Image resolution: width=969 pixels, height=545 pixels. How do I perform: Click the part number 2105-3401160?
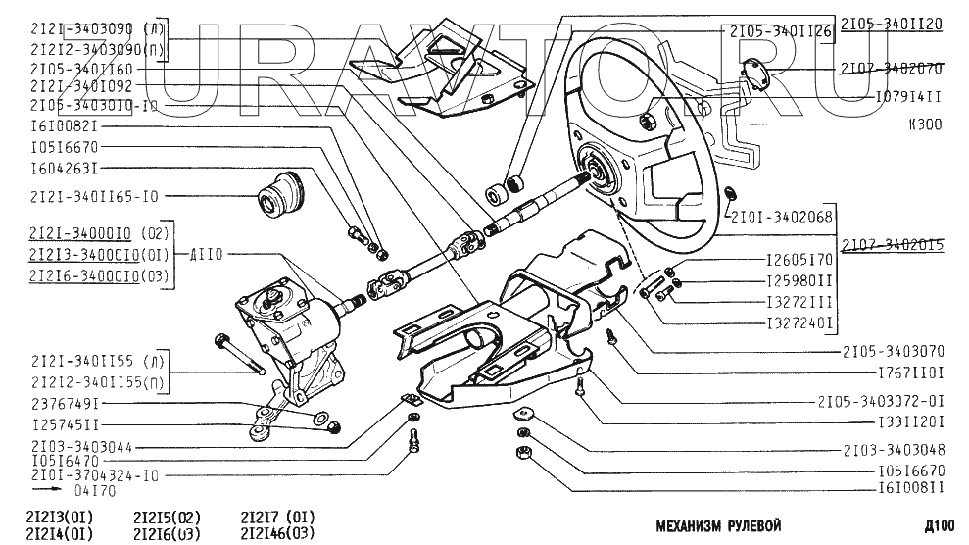click(82, 70)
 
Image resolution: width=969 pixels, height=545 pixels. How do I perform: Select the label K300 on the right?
click(925, 124)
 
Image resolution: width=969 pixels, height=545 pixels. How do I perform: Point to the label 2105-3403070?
click(893, 349)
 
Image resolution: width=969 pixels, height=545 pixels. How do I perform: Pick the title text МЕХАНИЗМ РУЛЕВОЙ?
click(718, 525)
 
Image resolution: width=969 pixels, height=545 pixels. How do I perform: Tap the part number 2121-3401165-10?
click(94, 197)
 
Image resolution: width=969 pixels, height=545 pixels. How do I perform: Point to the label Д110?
click(207, 255)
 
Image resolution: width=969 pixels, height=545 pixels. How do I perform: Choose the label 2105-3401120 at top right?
click(891, 24)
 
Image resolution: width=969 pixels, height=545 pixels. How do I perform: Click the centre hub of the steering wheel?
click(597, 172)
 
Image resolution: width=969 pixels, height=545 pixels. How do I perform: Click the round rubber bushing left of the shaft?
click(280, 193)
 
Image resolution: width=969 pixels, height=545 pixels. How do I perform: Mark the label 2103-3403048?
click(893, 450)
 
